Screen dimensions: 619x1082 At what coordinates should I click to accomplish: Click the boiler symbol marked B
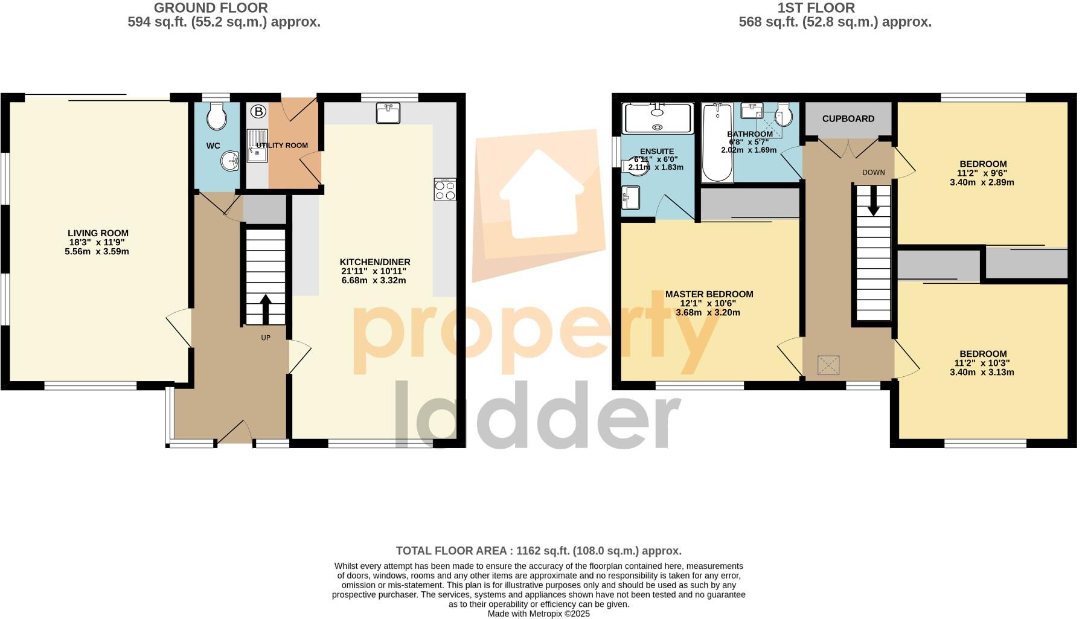(258, 112)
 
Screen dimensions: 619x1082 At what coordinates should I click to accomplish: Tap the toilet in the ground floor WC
(216, 115)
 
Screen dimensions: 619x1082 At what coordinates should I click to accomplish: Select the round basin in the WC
(230, 162)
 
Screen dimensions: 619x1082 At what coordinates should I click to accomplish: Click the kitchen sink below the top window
(388, 113)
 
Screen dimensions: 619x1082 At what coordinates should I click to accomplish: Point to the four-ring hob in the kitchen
(445, 189)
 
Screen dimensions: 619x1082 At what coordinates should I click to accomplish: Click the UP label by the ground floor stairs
(266, 338)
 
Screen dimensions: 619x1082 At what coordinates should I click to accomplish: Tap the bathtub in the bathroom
(717, 143)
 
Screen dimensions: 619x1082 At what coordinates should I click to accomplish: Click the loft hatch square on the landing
(828, 365)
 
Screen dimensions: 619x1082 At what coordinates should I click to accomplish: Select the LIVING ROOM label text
(98, 233)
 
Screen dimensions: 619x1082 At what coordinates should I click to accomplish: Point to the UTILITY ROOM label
(282, 146)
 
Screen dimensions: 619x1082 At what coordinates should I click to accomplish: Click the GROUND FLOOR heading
(211, 8)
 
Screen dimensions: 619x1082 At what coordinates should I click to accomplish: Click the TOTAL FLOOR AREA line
(539, 551)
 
